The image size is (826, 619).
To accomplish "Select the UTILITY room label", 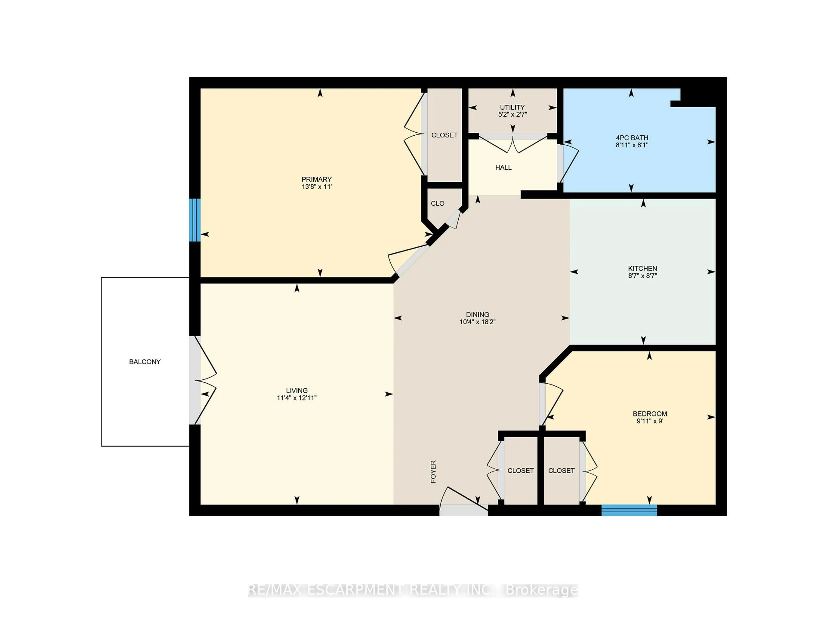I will tap(512, 107).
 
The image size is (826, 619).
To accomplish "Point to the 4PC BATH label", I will tap(632, 138).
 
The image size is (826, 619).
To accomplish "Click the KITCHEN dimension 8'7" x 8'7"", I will tap(642, 276).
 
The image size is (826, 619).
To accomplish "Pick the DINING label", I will tap(477, 314).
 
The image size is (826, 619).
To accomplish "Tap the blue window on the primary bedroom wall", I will tap(194, 220).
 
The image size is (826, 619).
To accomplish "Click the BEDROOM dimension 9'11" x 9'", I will tap(650, 421).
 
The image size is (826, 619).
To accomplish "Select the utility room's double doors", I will tap(513, 144).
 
